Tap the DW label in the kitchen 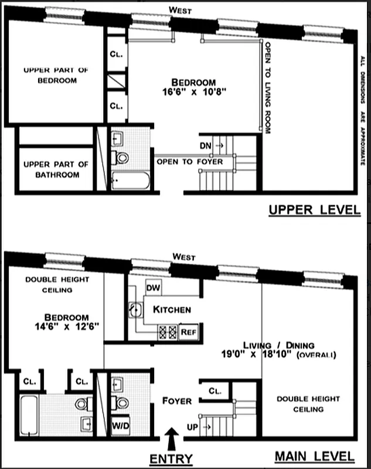(x=153, y=288)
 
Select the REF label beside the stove (x=188, y=331)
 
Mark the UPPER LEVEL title (x=314, y=210)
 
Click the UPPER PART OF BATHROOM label (x=56, y=169)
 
